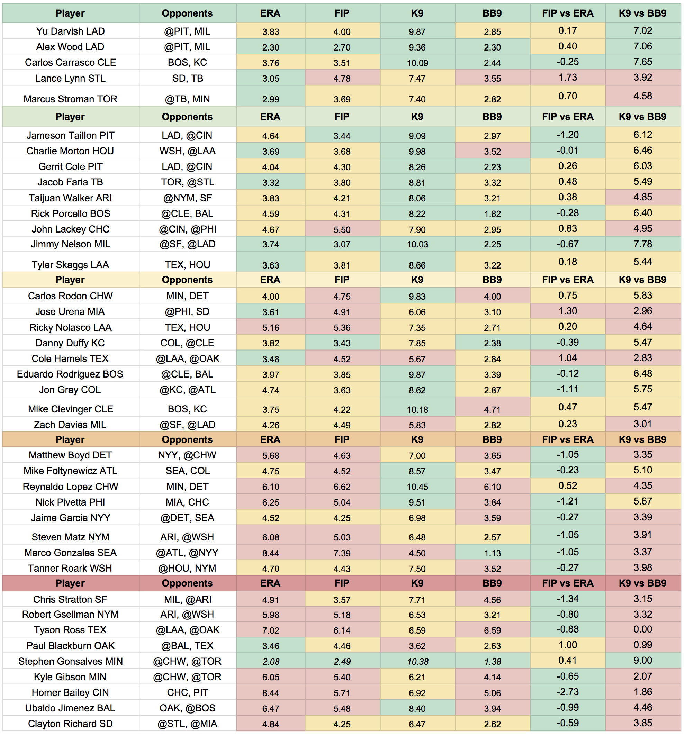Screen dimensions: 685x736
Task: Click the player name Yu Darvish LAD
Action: tap(70, 31)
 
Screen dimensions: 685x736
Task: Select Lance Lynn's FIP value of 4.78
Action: tap(342, 79)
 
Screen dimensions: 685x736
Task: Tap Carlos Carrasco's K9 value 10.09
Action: tap(417, 63)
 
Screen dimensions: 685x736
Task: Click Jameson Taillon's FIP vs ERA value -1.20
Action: tap(567, 135)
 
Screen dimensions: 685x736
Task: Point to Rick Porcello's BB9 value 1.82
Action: tap(492, 214)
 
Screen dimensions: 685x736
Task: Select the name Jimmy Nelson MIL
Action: tap(70, 244)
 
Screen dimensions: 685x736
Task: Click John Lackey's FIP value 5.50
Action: tap(342, 229)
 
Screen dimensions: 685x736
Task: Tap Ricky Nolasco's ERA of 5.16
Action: tap(271, 328)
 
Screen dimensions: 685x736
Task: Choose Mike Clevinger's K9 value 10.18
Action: tap(417, 410)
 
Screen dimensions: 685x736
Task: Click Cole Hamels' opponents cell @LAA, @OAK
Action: tap(187, 359)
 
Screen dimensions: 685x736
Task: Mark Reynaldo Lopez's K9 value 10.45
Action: tap(417, 487)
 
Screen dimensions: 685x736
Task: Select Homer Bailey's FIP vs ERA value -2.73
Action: tap(567, 692)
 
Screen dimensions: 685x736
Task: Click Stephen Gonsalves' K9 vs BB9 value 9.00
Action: tap(642, 661)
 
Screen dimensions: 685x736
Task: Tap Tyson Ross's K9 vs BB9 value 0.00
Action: tap(642, 629)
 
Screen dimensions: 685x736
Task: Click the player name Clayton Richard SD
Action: tap(70, 724)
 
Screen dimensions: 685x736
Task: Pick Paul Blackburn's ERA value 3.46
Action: tap(271, 646)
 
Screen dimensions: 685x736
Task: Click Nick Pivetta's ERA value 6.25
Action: tap(271, 502)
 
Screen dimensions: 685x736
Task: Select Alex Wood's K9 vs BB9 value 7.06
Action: tap(642, 46)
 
